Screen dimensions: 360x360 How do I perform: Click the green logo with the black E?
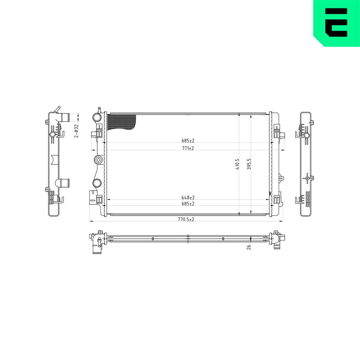(337, 23)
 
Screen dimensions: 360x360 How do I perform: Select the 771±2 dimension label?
(188, 148)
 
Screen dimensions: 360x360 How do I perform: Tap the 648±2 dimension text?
(188, 197)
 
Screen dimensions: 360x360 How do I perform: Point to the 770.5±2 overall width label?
(186, 219)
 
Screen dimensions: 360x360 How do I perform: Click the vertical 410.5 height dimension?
(237, 164)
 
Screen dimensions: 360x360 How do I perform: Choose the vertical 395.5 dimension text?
(249, 164)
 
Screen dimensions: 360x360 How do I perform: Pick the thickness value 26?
(249, 247)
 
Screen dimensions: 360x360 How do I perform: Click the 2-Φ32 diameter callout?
(76, 131)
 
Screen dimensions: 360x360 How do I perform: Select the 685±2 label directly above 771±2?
(188, 140)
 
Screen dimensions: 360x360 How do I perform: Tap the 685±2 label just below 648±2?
(188, 204)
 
